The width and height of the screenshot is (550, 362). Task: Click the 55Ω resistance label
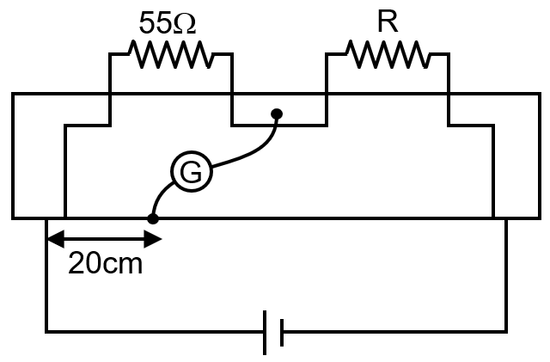167,23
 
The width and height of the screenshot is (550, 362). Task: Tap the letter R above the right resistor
387,22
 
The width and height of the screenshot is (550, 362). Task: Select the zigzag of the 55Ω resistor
170,56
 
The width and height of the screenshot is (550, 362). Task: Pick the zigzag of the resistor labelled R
387,56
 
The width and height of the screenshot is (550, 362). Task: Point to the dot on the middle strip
276,113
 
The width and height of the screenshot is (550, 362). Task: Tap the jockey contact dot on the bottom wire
153,218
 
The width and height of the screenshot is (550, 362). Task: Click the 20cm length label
105,263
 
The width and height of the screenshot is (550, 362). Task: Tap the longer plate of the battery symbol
265,331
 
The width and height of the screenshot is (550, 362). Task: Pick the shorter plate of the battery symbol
281,331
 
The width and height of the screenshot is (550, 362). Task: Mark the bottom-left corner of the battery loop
46,331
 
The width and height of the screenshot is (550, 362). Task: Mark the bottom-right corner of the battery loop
506,331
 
